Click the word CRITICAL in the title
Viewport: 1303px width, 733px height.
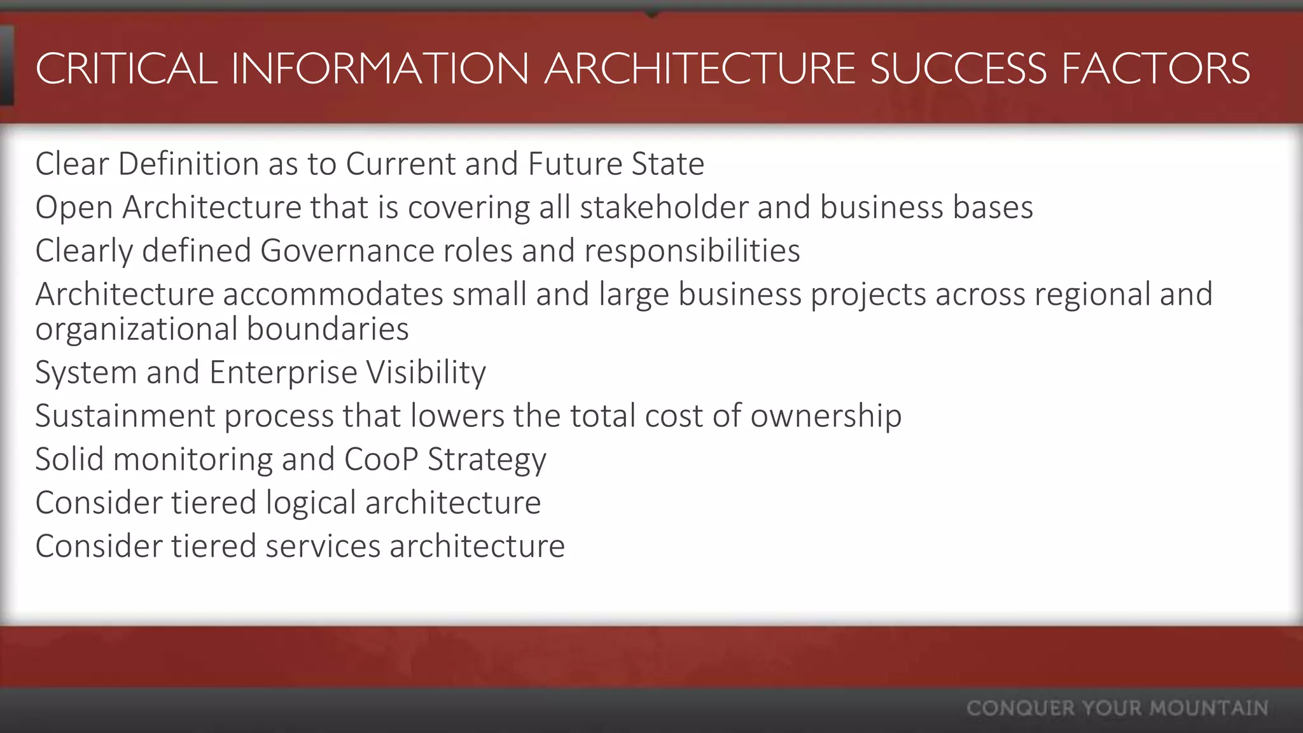click(127, 69)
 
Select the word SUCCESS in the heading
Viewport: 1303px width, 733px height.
click(958, 69)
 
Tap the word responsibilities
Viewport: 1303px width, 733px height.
click(692, 251)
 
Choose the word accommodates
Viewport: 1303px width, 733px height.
click(333, 294)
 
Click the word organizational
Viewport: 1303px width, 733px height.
click(136, 330)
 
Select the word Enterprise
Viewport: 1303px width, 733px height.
click(283, 372)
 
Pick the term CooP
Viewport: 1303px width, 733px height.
click(381, 459)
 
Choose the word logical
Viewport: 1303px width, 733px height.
click(310, 503)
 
